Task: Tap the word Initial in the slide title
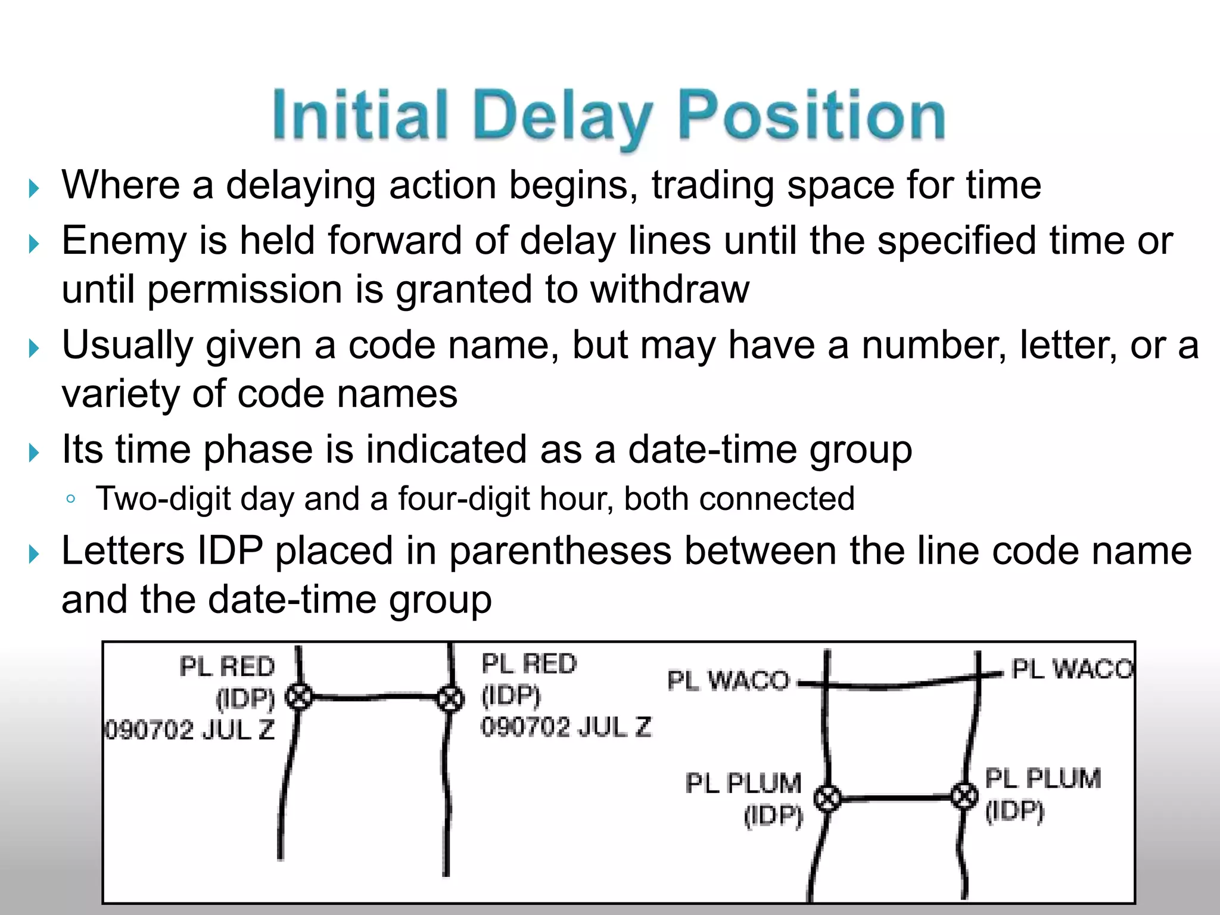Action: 360,115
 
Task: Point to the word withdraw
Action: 670,290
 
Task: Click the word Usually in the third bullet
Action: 127,346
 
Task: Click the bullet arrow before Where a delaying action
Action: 34,190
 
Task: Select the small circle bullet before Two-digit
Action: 71,499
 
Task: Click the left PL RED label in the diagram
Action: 227,667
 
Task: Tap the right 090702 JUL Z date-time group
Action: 567,727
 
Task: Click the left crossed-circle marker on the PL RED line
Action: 298,696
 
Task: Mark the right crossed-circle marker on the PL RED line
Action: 450,698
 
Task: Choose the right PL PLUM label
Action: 1042,779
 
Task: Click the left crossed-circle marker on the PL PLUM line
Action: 827,798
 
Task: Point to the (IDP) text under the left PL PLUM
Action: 773,817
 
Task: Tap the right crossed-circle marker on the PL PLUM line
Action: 964,795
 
